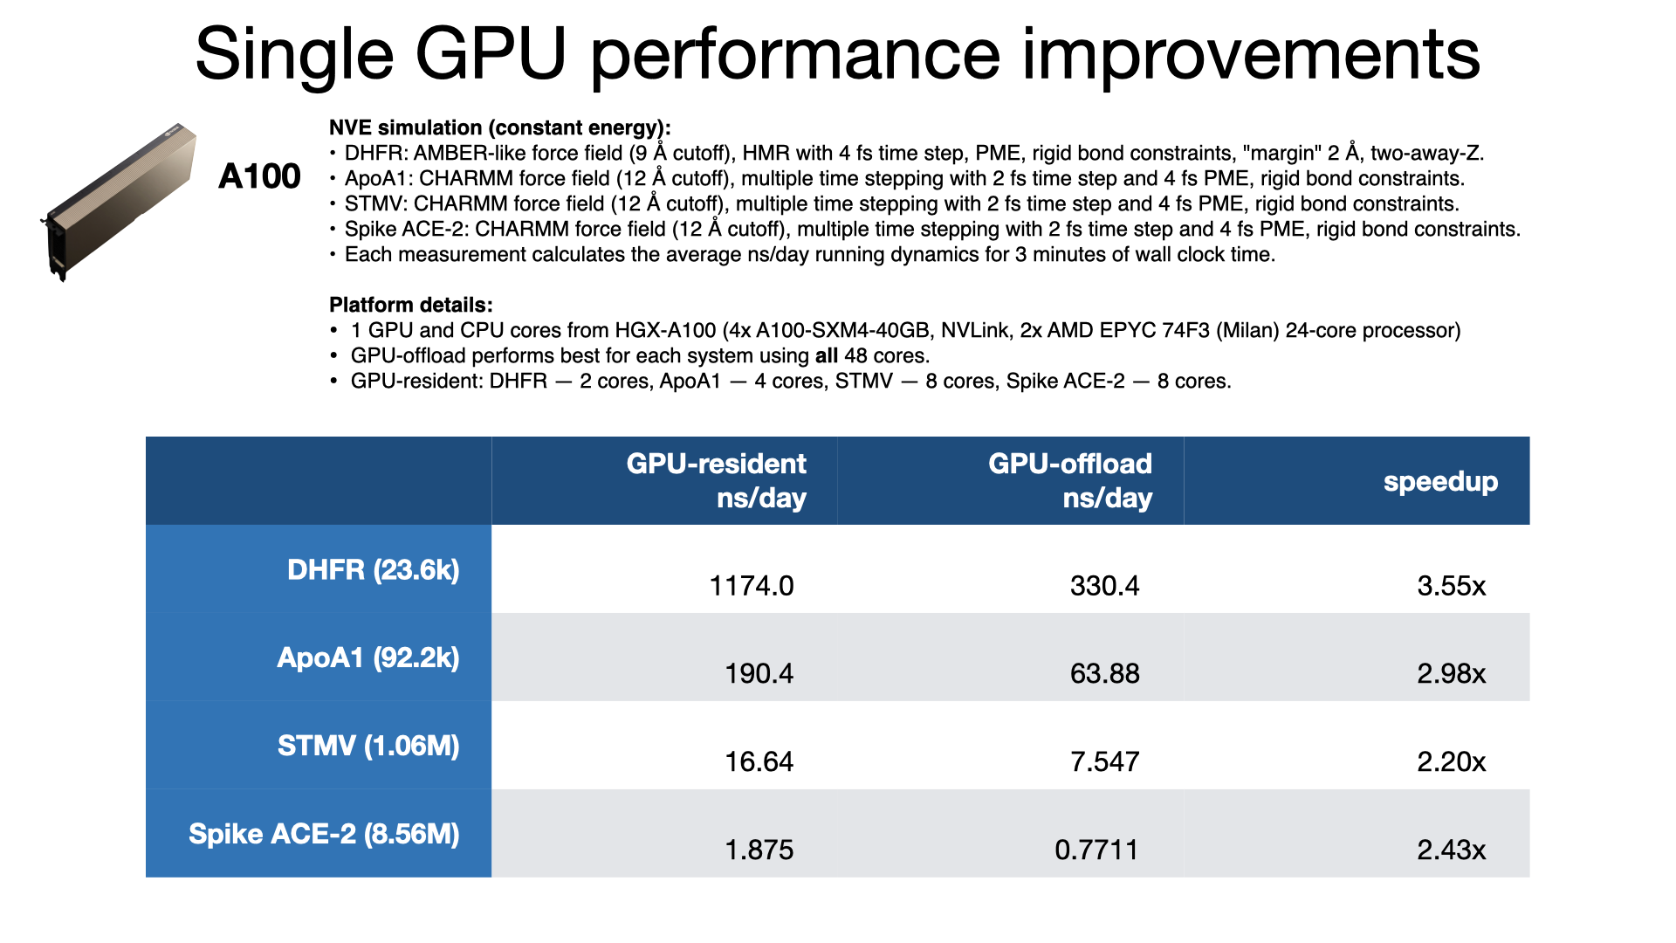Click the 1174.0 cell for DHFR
(x=751, y=585)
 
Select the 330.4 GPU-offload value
(x=1104, y=585)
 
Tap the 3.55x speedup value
(x=1451, y=585)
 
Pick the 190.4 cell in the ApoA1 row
(x=759, y=673)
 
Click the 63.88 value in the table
(x=1104, y=673)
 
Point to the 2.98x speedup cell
(x=1451, y=673)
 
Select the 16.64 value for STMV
(x=759, y=761)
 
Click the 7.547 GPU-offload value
(x=1104, y=761)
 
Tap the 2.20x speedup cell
(x=1451, y=761)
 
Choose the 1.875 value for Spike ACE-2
(x=759, y=850)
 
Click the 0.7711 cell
(x=1096, y=850)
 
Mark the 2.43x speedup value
(x=1451, y=850)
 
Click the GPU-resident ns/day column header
(x=716, y=480)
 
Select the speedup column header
(x=1440, y=481)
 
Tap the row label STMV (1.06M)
(x=367, y=746)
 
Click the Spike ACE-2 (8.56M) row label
(x=324, y=834)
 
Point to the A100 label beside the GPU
(x=259, y=176)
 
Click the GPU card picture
(x=120, y=201)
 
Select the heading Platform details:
(x=410, y=305)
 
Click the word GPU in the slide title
(x=491, y=54)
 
